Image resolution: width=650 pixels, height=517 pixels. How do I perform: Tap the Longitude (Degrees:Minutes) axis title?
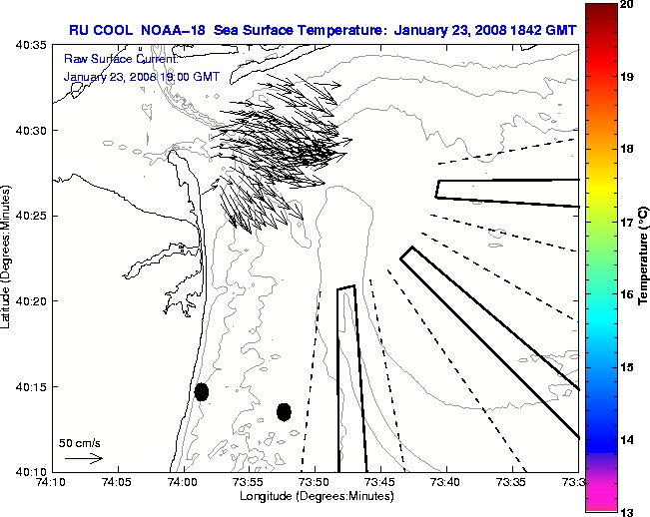(315, 496)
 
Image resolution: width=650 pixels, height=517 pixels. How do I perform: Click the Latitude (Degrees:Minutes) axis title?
(8, 258)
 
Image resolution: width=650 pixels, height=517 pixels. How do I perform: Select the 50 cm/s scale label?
(80, 442)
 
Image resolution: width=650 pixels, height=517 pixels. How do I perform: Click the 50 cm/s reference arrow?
(84, 459)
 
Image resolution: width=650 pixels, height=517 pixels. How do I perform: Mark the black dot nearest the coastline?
(202, 391)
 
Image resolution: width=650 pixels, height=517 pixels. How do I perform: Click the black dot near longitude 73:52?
(284, 411)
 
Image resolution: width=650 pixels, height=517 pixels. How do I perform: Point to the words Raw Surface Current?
(109, 59)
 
